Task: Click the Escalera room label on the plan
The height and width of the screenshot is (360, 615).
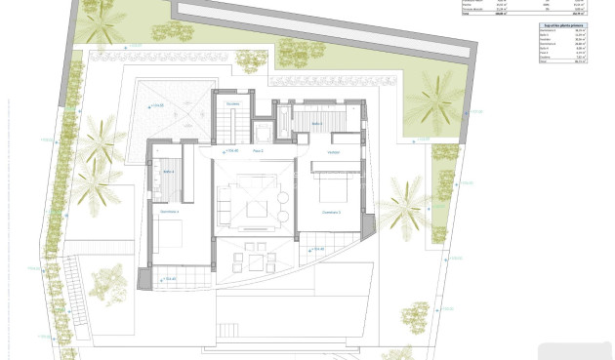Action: click(231, 103)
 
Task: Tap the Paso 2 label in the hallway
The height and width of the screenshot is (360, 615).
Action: click(259, 151)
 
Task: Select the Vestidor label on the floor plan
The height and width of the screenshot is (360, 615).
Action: click(333, 152)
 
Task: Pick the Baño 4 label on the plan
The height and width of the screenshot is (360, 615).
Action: click(169, 172)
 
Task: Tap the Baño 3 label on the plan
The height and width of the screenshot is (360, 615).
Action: click(317, 124)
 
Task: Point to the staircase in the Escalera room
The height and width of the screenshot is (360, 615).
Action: click(225, 125)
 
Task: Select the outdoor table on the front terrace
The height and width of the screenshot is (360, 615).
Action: click(258, 260)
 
